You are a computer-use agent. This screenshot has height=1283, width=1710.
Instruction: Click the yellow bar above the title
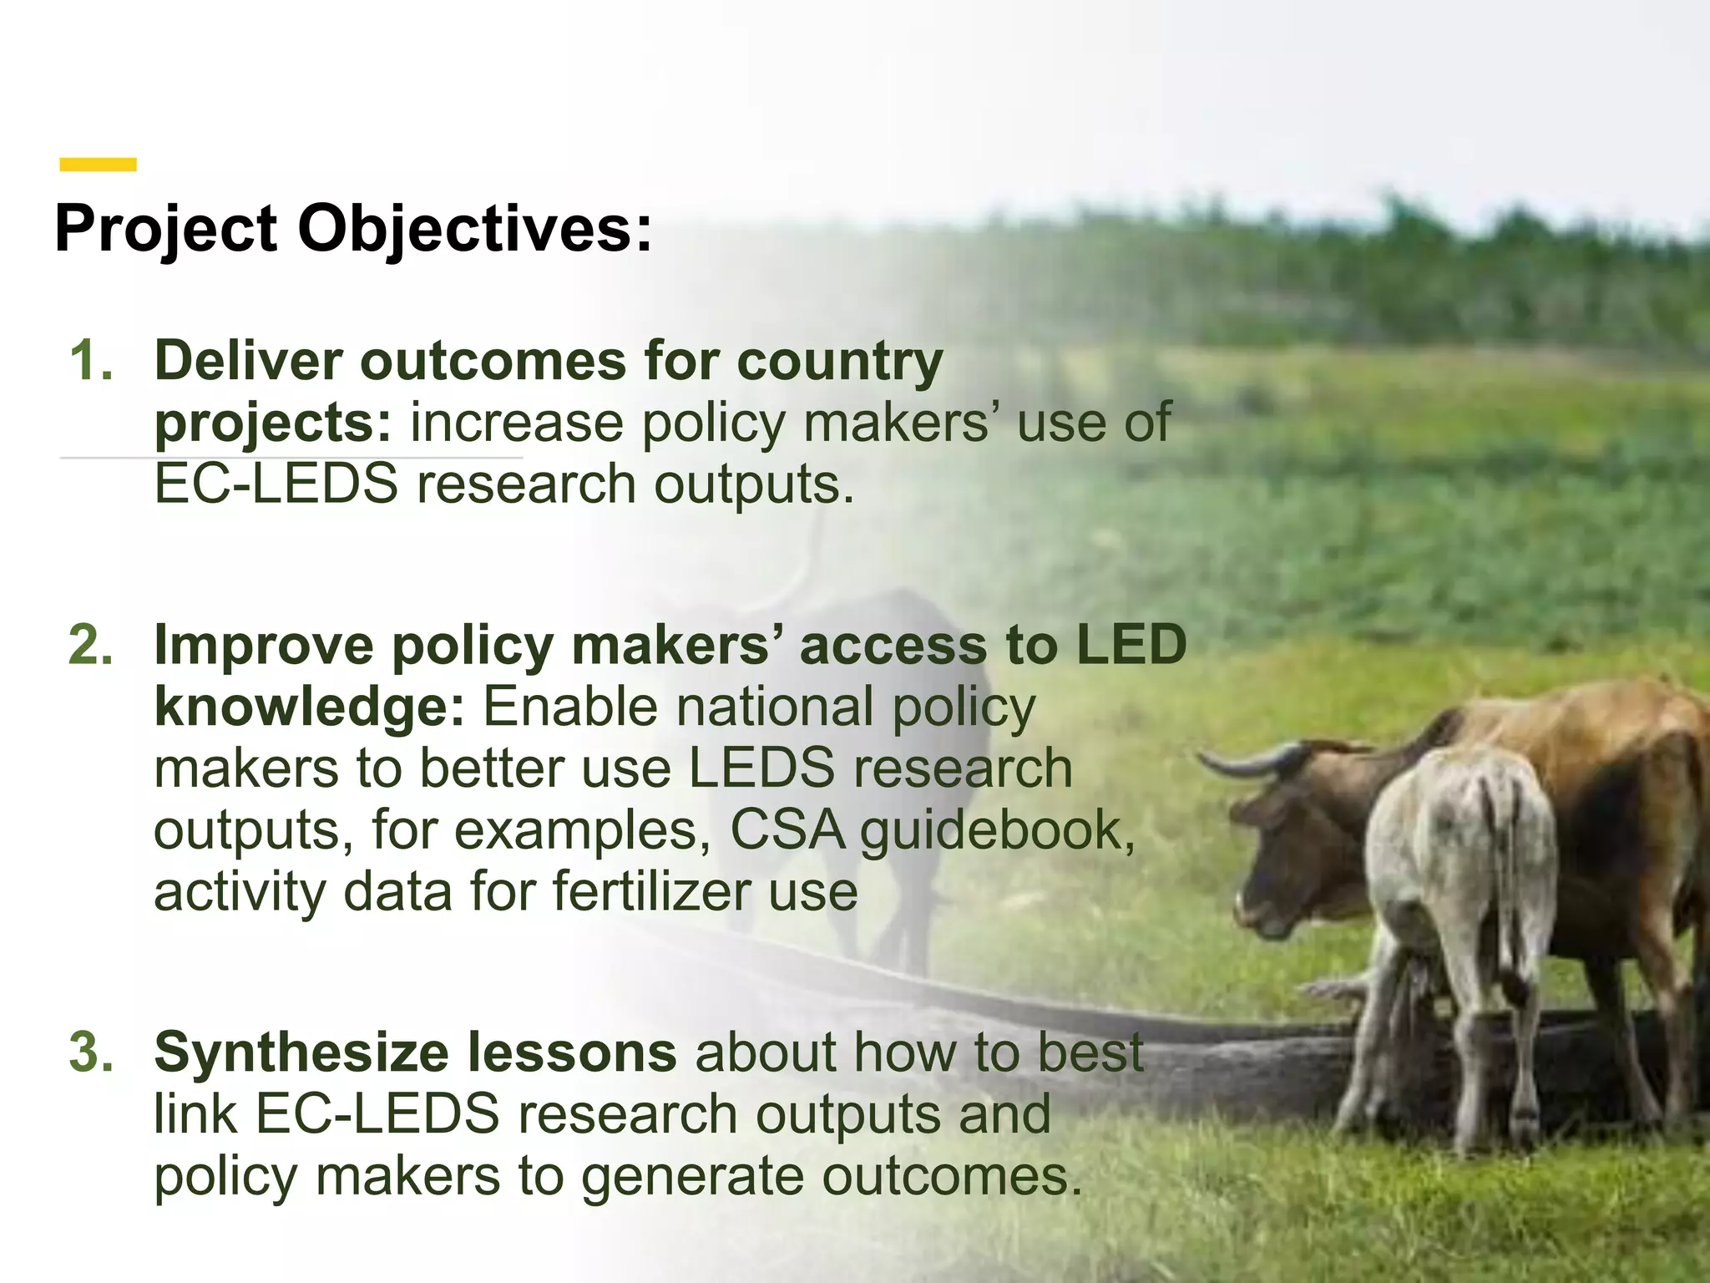(98, 165)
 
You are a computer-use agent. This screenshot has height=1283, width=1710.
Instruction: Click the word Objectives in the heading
(474, 229)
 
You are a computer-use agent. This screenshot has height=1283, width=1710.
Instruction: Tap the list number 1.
(90, 361)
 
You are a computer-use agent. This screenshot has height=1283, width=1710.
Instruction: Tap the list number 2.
(90, 646)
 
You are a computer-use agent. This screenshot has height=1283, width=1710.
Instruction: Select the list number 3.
(90, 1052)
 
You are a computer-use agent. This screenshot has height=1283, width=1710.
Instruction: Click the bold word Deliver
(248, 361)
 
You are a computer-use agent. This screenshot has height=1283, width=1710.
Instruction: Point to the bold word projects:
(272, 423)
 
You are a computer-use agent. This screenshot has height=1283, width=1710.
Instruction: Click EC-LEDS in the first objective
(276, 484)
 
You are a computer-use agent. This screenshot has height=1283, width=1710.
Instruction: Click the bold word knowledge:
(309, 707)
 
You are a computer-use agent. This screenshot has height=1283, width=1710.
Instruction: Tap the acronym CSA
(787, 830)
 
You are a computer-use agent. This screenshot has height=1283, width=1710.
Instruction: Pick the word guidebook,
(998, 832)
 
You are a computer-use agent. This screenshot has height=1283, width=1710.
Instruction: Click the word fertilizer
(651, 891)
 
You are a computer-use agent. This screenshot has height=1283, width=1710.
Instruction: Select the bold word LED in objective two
(1131, 646)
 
